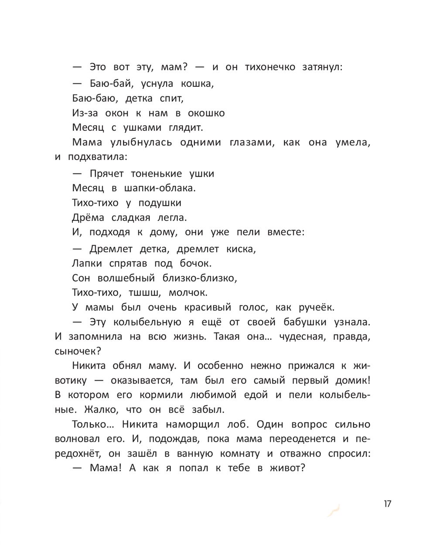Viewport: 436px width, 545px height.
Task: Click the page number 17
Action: pyautogui.click(x=388, y=504)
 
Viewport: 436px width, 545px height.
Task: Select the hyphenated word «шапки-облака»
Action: pyautogui.click(x=161, y=188)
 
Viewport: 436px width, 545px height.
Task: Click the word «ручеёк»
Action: pyautogui.click(x=316, y=307)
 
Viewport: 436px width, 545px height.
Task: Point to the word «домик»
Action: pyautogui.click(x=353, y=380)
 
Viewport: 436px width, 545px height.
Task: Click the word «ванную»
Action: pyautogui.click(x=195, y=453)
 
